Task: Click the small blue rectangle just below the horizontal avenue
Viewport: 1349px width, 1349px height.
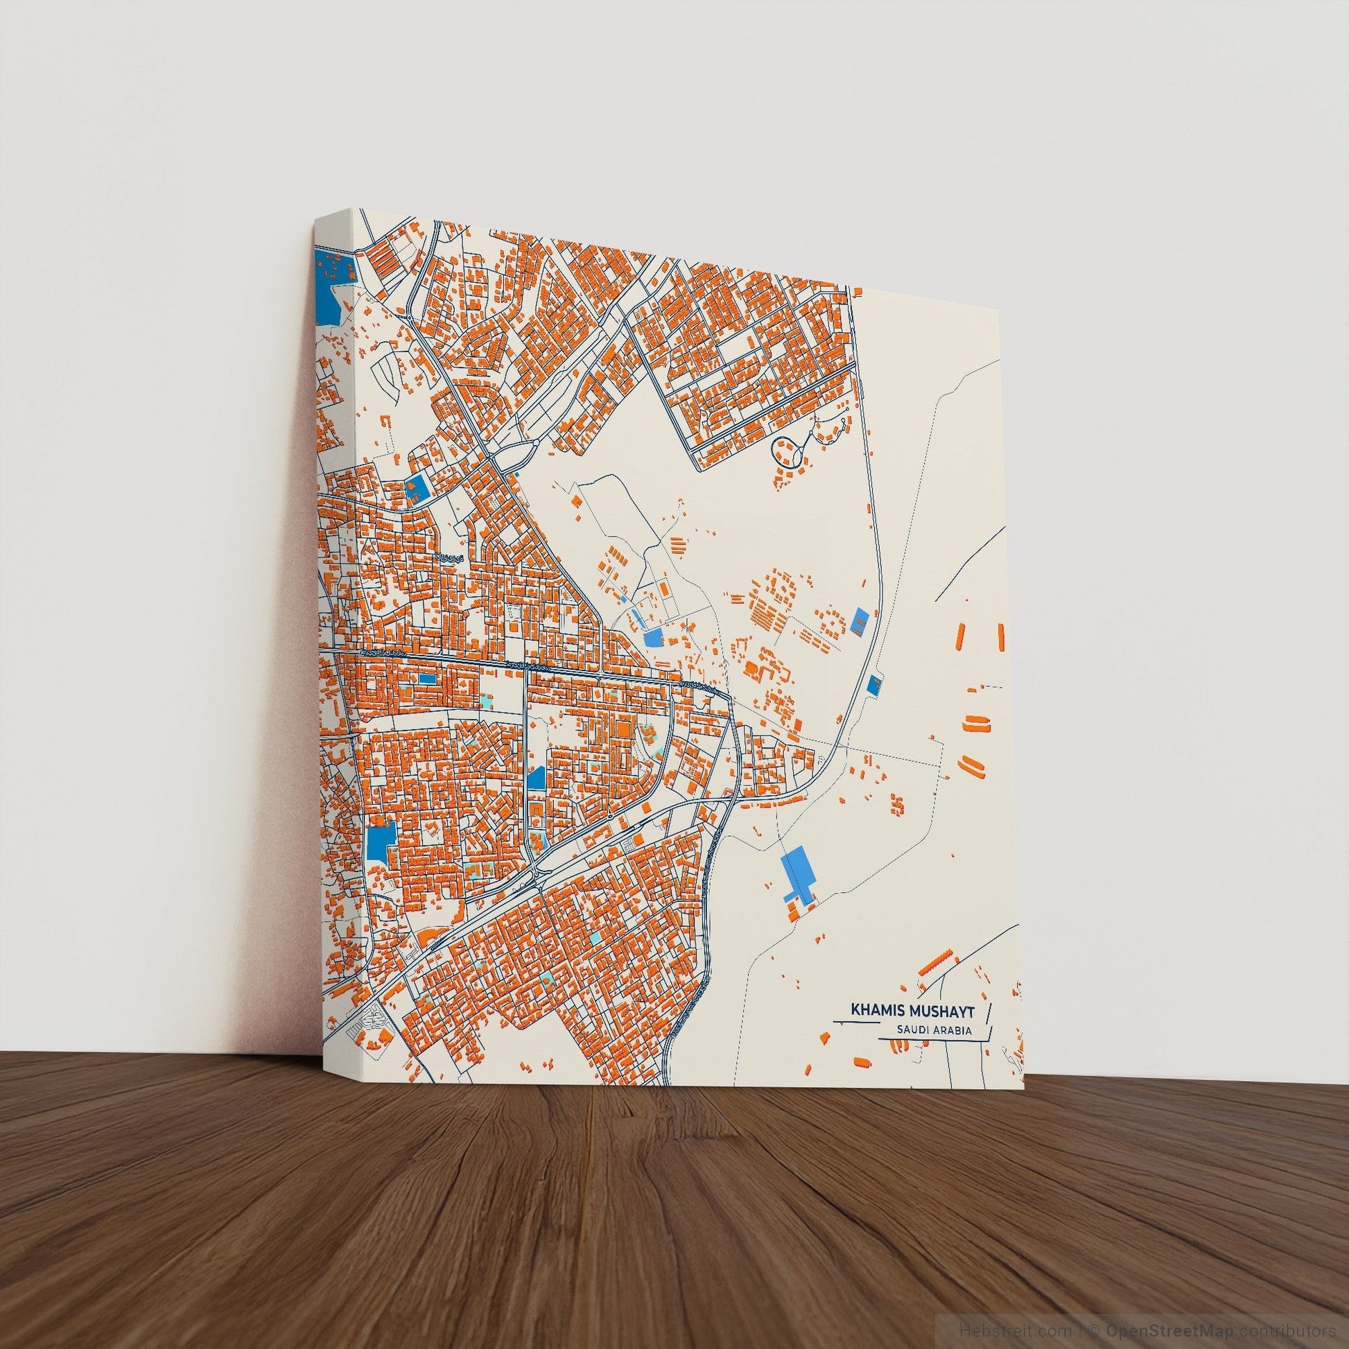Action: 426,678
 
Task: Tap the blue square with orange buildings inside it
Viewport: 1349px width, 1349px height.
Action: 418,487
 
